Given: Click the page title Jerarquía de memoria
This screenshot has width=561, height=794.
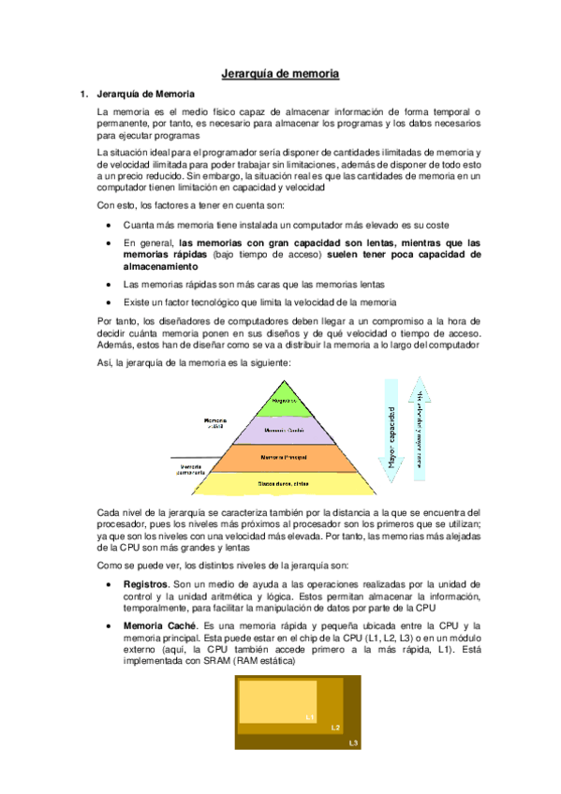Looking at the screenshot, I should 280,72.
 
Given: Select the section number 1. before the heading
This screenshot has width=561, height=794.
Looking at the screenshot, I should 83,94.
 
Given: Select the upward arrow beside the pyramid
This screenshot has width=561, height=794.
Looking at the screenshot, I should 421,430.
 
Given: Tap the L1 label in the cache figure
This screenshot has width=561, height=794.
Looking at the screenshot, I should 310,716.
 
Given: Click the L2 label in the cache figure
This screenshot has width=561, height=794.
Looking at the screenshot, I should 334,727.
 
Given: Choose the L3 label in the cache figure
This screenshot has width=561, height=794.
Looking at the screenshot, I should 352,743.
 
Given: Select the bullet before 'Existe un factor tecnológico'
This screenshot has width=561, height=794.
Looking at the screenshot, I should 111,301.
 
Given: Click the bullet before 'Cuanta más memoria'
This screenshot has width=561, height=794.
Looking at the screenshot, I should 111,225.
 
